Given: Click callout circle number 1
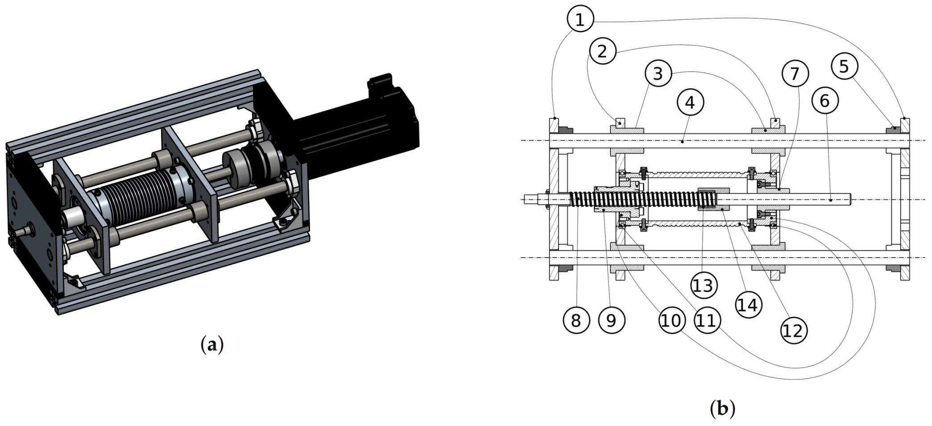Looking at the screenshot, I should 580,19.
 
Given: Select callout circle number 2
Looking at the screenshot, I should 602,51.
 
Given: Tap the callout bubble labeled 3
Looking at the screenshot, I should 658,73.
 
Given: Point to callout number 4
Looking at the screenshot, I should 690,103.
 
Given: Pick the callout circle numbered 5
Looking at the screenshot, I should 844,66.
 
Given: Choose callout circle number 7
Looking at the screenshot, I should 795,73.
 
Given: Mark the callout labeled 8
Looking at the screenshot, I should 576,320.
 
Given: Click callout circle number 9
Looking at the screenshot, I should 611,320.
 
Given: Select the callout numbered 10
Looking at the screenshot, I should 671,320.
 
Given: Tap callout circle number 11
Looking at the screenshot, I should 707,320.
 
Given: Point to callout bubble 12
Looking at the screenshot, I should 794,331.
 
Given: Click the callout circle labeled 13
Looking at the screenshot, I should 704,285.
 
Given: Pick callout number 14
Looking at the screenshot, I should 748,305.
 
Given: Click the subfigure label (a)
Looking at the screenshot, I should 212,345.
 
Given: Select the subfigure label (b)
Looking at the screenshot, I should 722,408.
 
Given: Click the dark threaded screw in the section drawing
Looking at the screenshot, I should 634,199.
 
